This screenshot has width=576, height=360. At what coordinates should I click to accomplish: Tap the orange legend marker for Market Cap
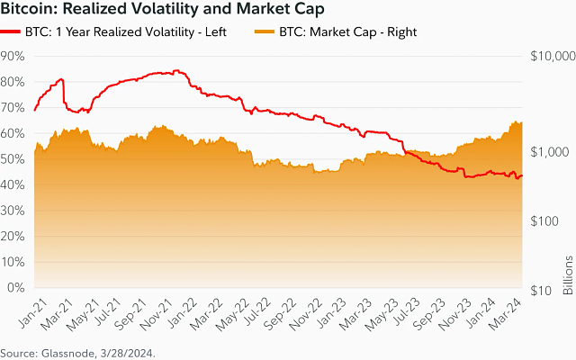[x=265, y=32]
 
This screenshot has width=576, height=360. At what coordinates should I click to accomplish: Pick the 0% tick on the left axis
[x=16, y=289]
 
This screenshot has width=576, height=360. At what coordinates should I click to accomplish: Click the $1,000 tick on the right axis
[x=550, y=152]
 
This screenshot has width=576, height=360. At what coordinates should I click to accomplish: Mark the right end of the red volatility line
[x=523, y=176]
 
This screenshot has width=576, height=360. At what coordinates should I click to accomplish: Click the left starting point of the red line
[x=34, y=111]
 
